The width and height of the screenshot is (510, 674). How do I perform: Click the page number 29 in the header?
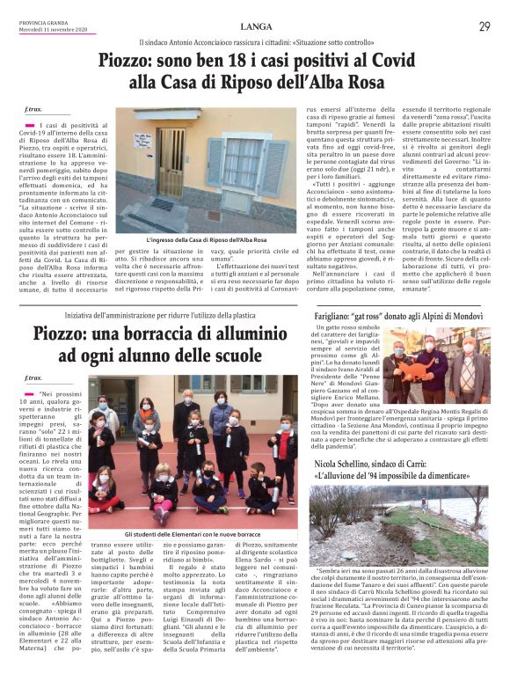[x=484, y=26]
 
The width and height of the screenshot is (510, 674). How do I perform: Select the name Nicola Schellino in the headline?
[x=353, y=464]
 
